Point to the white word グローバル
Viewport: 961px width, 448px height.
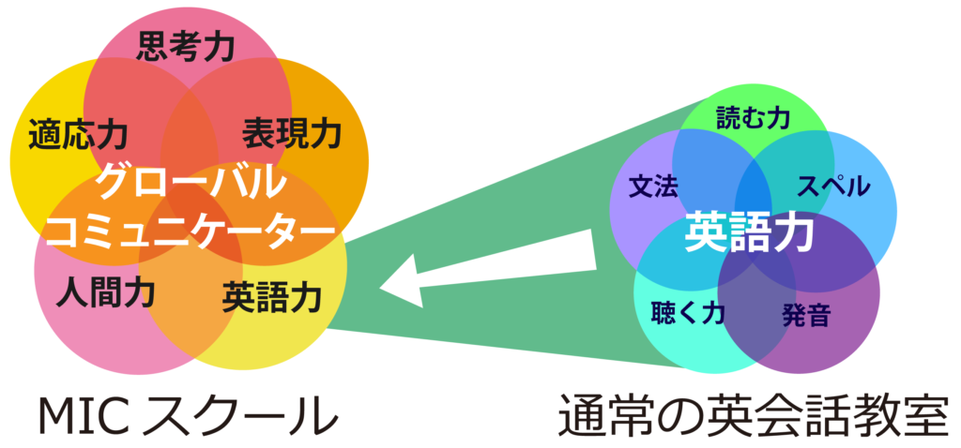click(x=190, y=181)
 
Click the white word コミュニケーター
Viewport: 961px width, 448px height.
click(x=190, y=228)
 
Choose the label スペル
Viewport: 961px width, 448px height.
click(x=832, y=185)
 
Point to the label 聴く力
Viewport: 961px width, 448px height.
click(x=688, y=312)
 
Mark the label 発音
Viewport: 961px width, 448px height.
click(x=805, y=316)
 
